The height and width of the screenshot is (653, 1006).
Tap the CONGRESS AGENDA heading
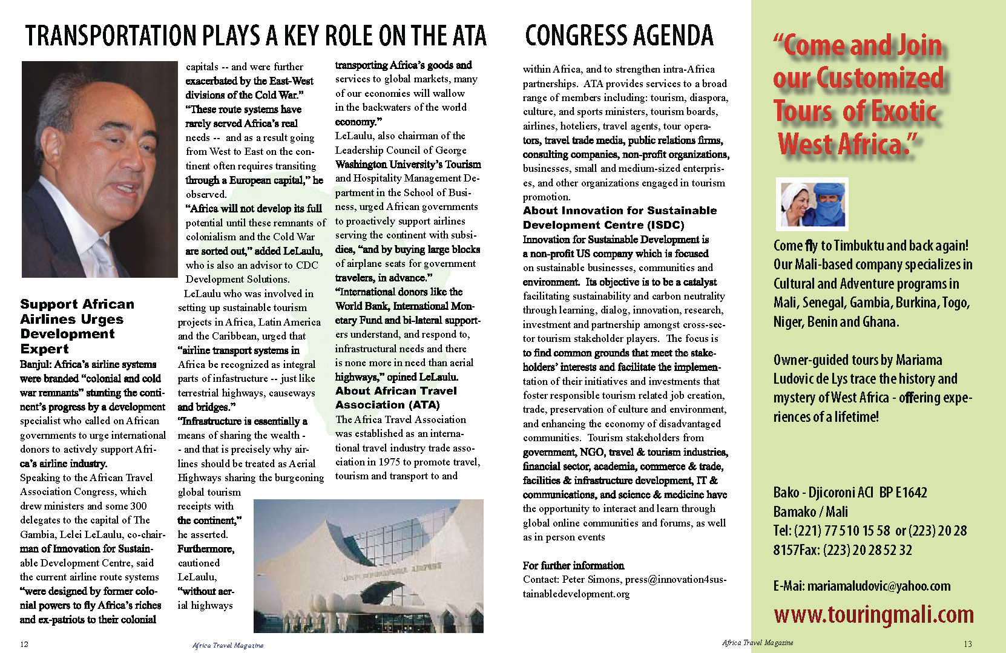619,36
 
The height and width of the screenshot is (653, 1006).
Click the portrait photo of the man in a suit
91,169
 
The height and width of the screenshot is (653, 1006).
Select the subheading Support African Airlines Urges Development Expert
77,326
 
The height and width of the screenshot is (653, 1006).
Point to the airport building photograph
368,566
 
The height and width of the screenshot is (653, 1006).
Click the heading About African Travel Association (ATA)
396,398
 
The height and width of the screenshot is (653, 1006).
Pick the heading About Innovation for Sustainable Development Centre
619,218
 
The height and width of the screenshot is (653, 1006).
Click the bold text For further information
573,565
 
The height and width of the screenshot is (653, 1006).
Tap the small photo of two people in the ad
812,204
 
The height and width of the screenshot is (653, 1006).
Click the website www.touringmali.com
873,614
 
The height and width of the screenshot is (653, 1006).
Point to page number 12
24,644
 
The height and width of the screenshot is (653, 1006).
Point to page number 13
967,644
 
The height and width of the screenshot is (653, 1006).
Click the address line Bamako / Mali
810,511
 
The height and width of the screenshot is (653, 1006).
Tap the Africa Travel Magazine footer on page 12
228,645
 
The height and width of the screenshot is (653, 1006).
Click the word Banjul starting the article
35,364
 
